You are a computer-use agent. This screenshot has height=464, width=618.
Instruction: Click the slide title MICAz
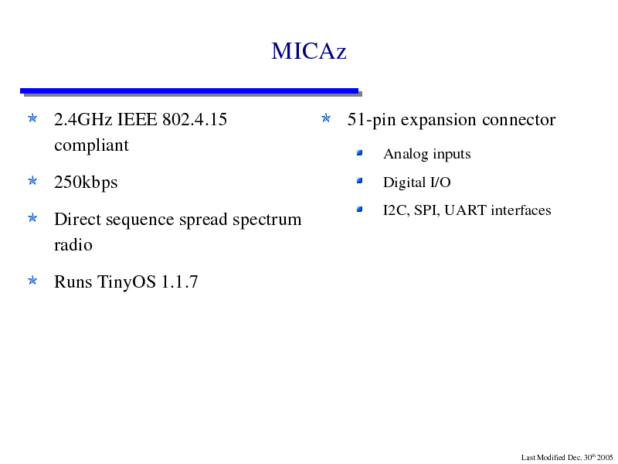point(308,51)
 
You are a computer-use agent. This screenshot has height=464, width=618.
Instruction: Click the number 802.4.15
point(195,119)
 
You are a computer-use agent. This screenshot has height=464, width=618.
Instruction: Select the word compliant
point(91,145)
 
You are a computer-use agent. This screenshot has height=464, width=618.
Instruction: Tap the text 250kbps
point(86,183)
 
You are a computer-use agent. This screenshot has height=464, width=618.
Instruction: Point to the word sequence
point(140,220)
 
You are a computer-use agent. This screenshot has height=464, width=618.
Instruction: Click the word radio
point(73,245)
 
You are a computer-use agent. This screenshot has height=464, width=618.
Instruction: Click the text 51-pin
point(372,120)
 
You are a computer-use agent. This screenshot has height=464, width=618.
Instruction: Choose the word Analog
point(403,154)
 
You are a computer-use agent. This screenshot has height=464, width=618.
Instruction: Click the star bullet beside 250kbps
point(32,181)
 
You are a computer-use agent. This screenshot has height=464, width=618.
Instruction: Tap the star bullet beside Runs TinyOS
point(32,281)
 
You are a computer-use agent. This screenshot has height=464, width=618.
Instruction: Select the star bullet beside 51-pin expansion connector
point(326,118)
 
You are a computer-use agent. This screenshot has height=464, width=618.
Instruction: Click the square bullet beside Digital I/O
point(359,181)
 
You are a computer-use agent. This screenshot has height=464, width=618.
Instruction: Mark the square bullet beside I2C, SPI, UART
point(359,209)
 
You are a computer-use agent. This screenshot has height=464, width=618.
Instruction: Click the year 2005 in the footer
point(605,458)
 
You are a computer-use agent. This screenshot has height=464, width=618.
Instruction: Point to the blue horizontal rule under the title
point(189,91)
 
